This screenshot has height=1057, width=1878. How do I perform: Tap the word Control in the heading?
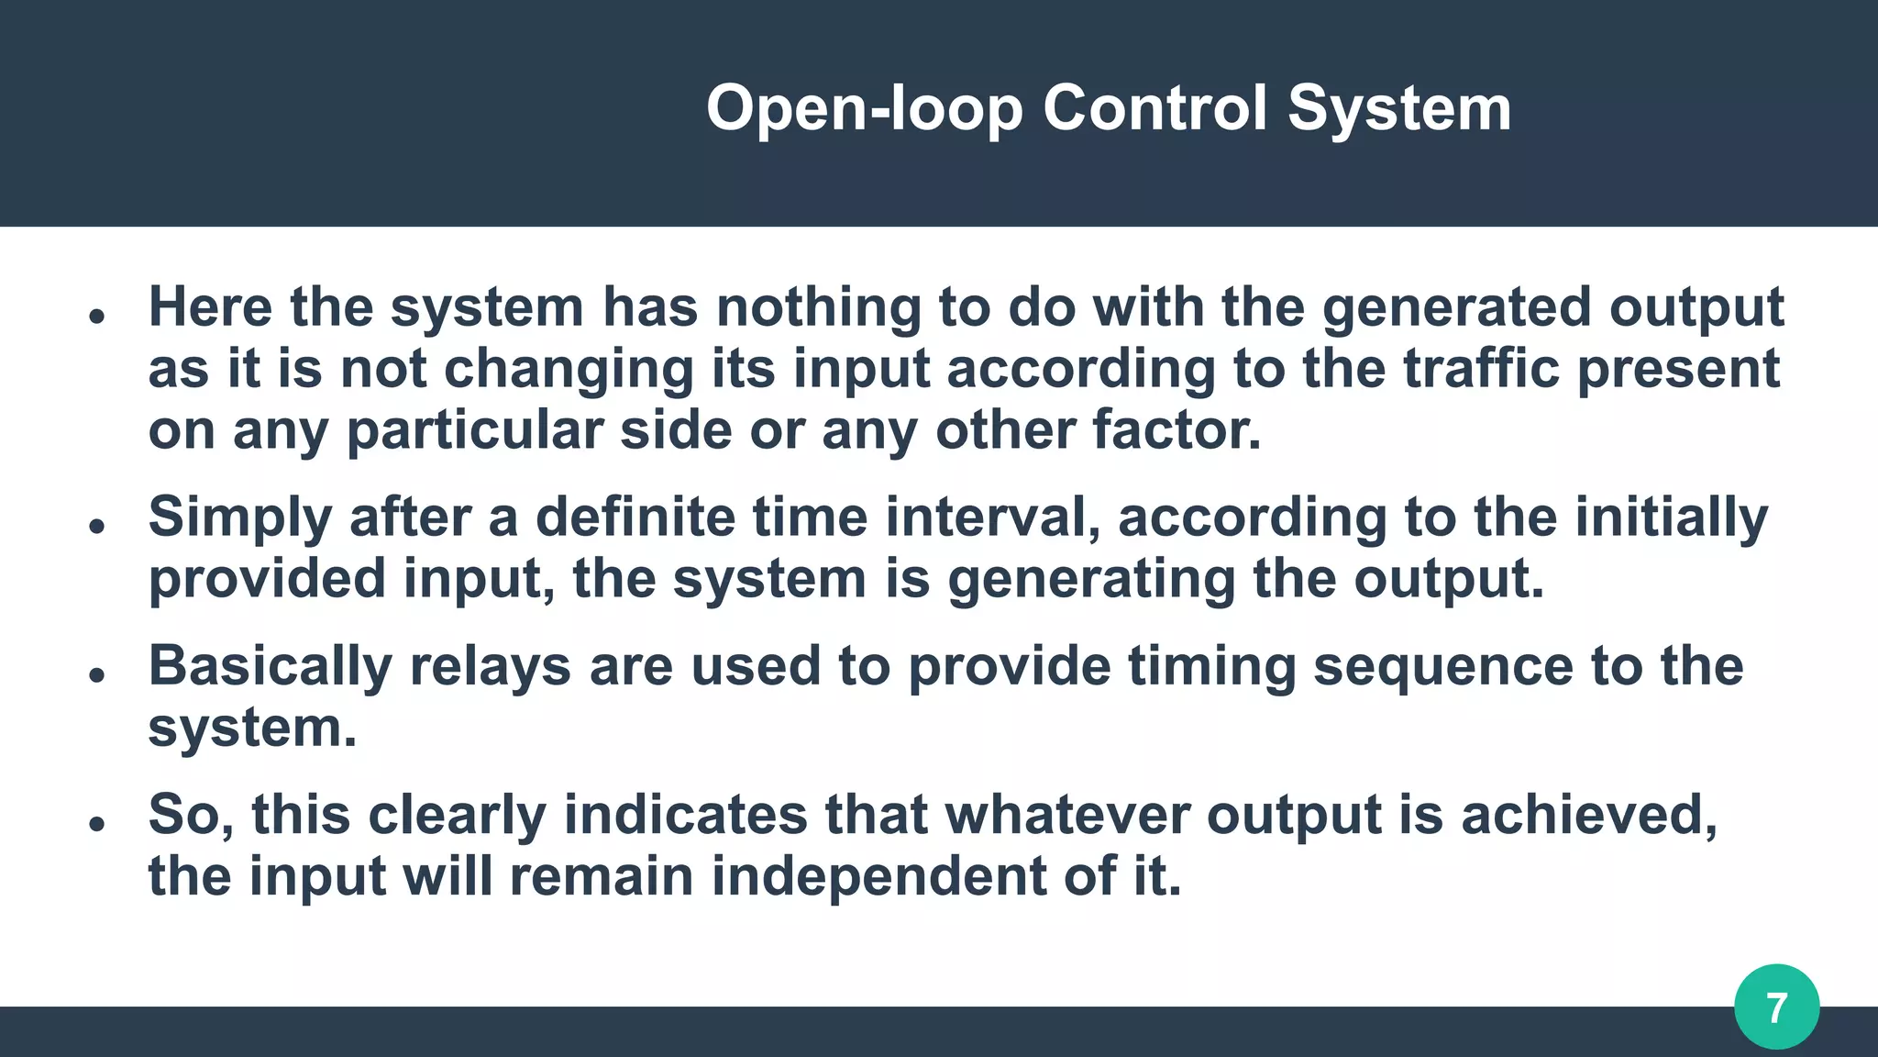1154,108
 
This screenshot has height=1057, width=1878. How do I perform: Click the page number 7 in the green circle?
1776,1007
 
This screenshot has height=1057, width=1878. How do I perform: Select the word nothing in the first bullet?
818,306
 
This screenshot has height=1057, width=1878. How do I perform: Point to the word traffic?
1481,368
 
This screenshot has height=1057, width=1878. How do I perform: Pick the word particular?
473,431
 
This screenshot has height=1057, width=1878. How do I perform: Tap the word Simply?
239,517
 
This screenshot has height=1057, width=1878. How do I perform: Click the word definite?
635,517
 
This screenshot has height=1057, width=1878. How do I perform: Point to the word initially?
1671,517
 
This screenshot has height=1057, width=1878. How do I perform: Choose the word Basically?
271,666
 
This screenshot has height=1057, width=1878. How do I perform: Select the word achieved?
1588,815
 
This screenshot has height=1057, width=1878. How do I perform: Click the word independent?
878,876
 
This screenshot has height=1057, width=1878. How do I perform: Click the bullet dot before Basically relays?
97,674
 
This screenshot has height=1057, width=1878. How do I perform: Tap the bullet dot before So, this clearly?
97,823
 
